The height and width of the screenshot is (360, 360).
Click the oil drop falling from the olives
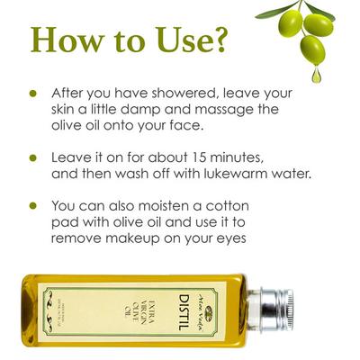(316, 75)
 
